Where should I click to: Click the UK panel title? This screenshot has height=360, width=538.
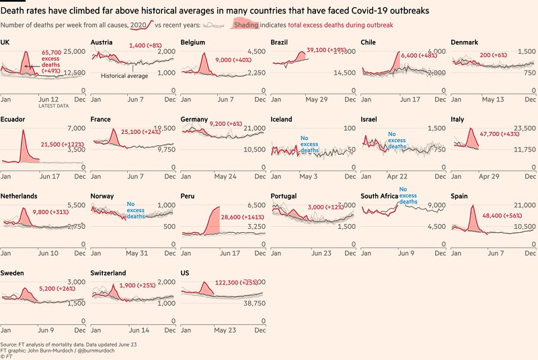pos(6,42)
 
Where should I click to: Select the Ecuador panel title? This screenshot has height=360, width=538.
pos(13,119)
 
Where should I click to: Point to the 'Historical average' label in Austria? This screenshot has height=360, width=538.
pos(124,76)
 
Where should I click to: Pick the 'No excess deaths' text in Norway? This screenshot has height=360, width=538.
pos(136,210)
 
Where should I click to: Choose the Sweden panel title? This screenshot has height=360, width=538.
pos(13,273)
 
